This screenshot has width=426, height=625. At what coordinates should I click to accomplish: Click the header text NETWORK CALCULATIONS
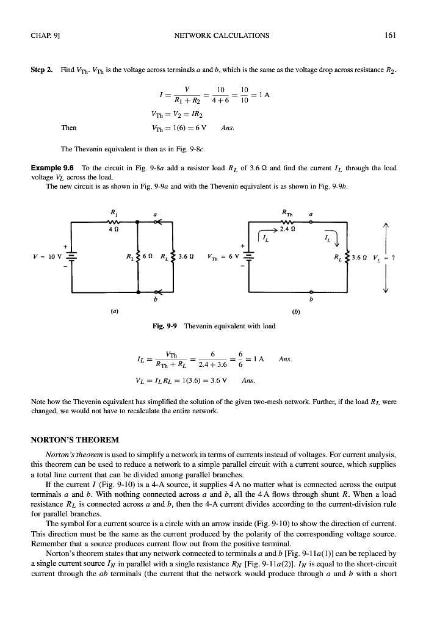click(x=222, y=35)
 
